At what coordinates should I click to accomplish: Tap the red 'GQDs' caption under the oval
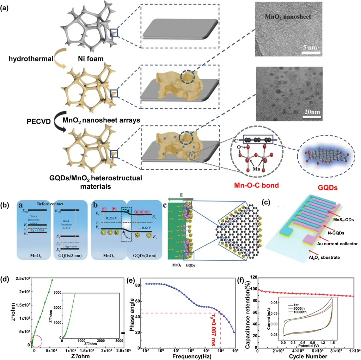pyautogui.click(x=325, y=176)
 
